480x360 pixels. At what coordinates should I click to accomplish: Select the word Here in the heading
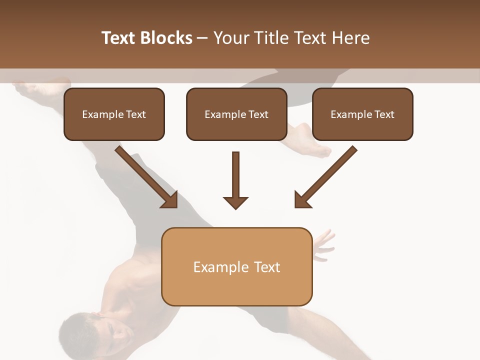[351, 38]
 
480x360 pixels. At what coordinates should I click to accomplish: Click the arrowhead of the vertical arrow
[235, 202]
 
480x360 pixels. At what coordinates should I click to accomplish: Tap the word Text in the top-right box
[384, 114]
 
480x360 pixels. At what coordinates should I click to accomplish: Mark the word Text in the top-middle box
[258, 114]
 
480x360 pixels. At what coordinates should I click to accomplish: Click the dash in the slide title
[202, 38]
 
